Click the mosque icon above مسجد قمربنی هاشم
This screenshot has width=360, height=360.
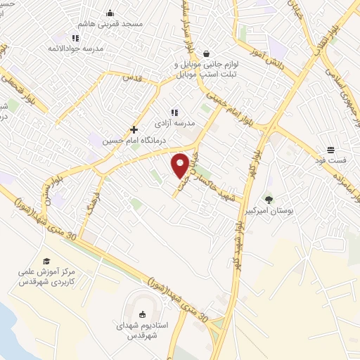tap(110, 13)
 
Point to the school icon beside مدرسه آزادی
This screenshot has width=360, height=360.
tap(174, 112)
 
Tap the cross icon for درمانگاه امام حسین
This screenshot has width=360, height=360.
tap(134, 130)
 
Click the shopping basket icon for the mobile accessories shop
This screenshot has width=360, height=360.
tap(206, 53)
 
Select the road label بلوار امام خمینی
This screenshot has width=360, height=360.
tap(229, 105)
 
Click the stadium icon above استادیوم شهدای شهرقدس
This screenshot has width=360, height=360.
tap(143, 315)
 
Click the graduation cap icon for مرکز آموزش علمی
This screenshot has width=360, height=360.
tap(46, 262)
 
